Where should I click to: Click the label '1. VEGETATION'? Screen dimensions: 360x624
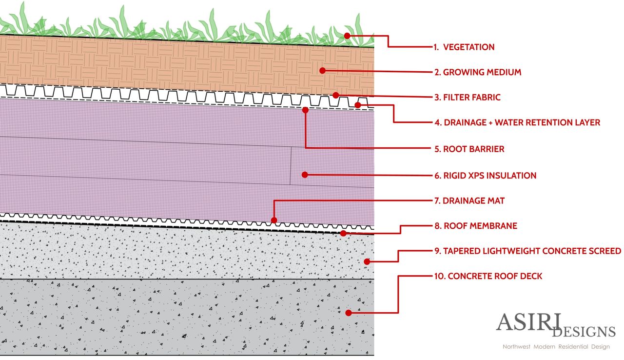(464, 47)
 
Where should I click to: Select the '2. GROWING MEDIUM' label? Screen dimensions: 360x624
(477, 72)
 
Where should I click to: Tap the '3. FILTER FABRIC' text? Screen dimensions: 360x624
(467, 98)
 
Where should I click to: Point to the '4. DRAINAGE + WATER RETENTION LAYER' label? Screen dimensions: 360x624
(517, 122)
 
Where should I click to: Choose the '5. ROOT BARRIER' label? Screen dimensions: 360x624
(469, 149)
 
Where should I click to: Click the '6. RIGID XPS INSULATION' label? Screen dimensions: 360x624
(485, 176)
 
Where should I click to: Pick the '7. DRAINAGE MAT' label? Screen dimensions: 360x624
(469, 200)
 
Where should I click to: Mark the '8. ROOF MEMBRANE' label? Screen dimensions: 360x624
(475, 226)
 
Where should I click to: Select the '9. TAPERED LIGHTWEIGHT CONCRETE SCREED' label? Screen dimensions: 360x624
(527, 251)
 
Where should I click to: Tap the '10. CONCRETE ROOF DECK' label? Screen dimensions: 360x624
(487, 276)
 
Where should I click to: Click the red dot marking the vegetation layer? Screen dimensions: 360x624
(347, 36)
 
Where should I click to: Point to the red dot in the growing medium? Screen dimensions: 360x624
(322, 71)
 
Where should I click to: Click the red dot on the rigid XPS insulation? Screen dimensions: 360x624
(304, 174)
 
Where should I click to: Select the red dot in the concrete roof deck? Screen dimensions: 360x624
(348, 313)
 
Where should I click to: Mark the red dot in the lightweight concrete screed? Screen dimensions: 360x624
(367, 261)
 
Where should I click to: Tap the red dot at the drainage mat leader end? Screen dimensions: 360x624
(274, 220)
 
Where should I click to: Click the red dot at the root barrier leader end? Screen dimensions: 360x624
(306, 110)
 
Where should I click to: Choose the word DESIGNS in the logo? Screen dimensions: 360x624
(584, 332)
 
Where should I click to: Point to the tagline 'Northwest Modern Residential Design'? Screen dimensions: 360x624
(556, 347)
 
